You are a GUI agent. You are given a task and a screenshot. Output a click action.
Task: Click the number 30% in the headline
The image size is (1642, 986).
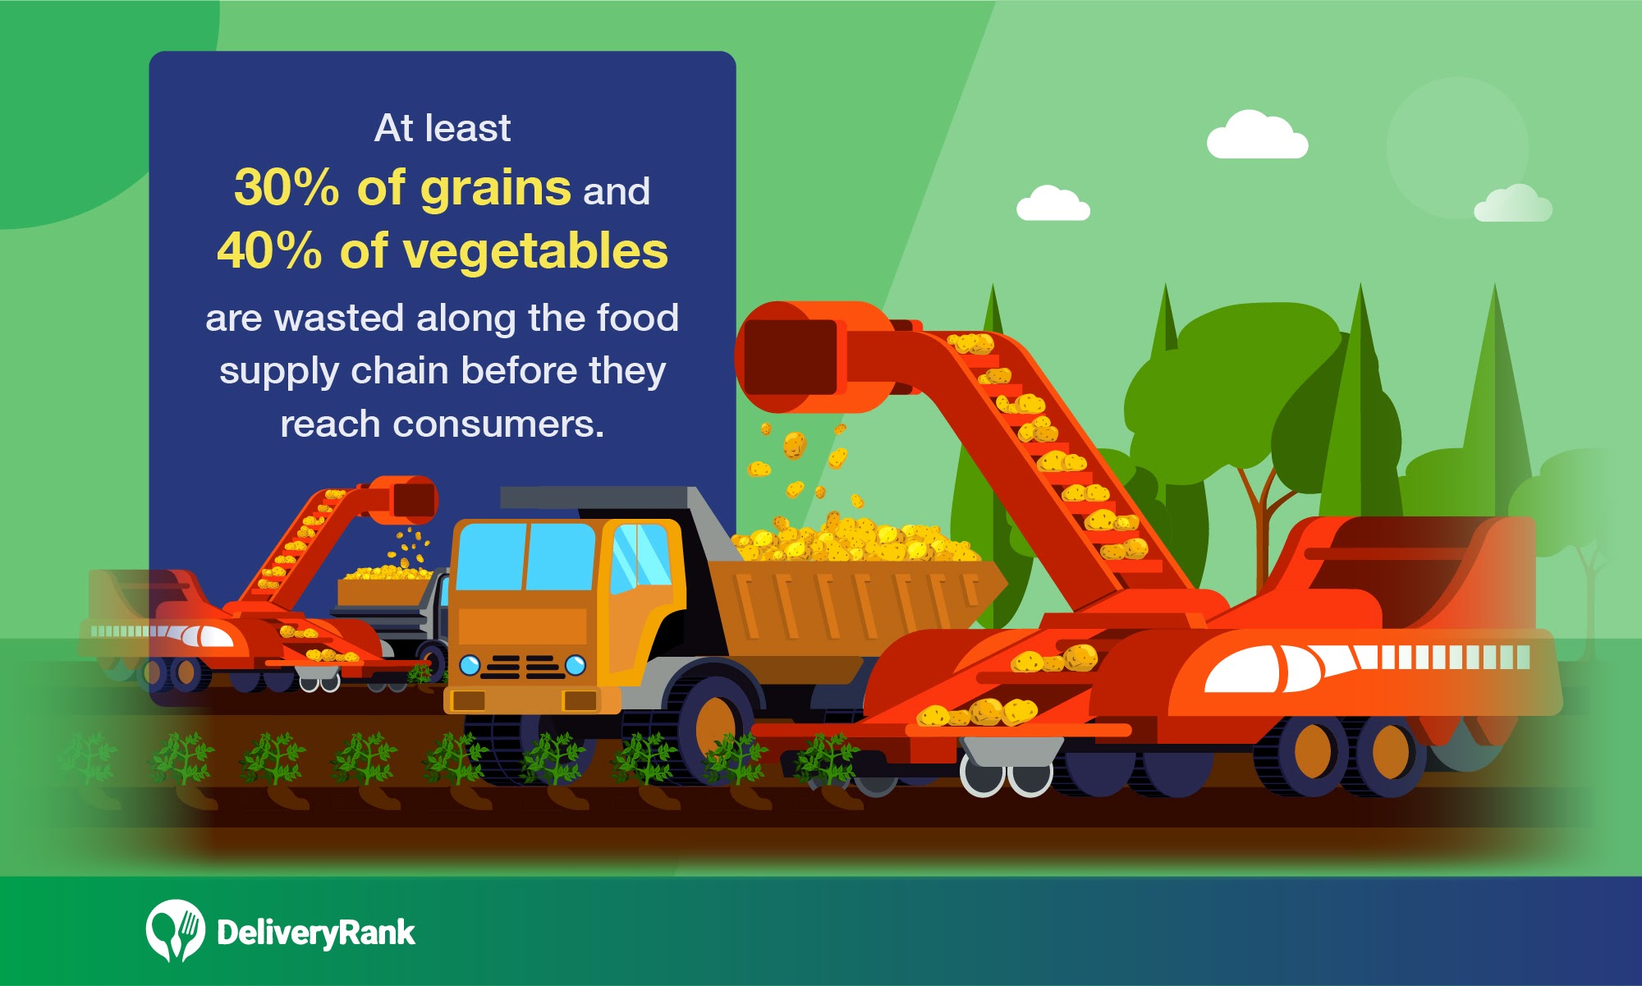click(x=287, y=187)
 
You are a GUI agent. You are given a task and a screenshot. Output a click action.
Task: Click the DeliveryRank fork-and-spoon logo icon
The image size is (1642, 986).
click(x=175, y=931)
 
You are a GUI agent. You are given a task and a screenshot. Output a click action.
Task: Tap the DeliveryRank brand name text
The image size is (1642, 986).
click(x=316, y=933)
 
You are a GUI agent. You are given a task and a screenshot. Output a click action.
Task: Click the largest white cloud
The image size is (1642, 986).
click(x=1256, y=135)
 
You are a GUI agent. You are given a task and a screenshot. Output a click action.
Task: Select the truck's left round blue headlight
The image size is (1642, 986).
click(x=470, y=664)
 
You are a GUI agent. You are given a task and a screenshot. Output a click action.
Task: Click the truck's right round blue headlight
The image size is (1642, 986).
click(x=576, y=664)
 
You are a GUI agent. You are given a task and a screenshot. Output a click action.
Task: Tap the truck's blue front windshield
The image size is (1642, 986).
click(x=525, y=556)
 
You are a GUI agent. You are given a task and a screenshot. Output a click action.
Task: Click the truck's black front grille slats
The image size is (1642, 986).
click(x=522, y=667)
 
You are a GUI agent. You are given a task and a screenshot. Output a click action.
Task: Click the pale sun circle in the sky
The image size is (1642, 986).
click(x=1457, y=148)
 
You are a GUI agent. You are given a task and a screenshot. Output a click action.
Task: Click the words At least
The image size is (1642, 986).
click(x=443, y=128)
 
